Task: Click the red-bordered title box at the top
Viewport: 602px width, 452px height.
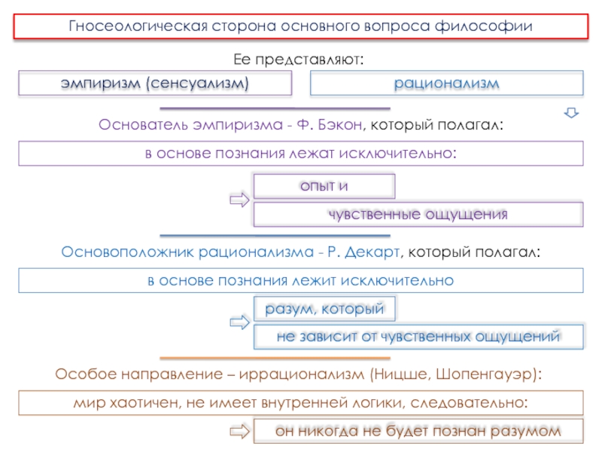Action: pos(301,26)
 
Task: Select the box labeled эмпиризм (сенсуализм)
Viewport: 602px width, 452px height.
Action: pos(155,83)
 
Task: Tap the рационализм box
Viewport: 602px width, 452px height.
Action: pos(446,83)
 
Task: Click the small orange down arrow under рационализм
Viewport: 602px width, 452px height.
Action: pos(571,113)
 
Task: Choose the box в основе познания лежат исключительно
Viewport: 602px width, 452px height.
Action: pos(301,153)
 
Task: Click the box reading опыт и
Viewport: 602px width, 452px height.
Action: pos(324,185)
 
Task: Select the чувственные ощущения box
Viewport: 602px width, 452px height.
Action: pos(418,214)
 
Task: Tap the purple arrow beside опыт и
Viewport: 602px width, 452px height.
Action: pos(239,200)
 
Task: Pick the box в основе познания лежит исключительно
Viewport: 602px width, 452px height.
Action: pos(301,280)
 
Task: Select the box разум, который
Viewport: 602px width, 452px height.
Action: pos(324,308)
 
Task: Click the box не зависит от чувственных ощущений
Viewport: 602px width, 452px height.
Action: pos(418,337)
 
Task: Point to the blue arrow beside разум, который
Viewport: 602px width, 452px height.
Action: pos(239,322)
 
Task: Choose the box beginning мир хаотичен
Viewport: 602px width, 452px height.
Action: pos(301,402)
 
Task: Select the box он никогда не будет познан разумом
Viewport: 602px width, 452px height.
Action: pos(418,431)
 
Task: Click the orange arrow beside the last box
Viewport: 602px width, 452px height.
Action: pos(239,432)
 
